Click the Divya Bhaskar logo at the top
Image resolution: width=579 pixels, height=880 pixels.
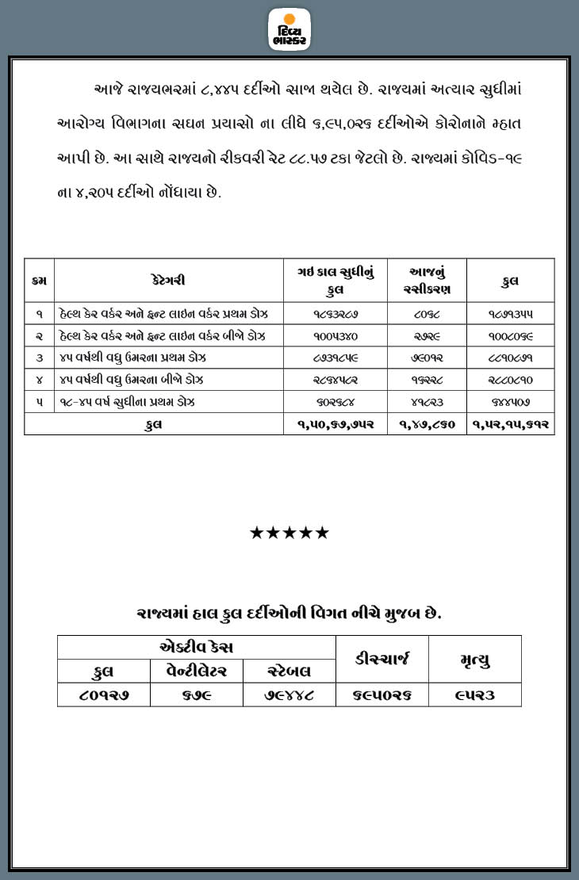289,29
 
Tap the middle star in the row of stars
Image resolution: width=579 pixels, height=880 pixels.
289,533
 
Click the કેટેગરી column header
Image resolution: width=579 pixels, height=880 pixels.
168,280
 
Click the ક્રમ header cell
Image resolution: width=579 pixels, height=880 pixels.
39,280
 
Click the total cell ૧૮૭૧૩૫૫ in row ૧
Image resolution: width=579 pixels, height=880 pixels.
510,313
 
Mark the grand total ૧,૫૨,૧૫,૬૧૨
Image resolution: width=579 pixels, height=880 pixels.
510,424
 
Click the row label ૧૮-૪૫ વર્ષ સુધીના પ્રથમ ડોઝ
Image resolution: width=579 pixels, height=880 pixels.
127,402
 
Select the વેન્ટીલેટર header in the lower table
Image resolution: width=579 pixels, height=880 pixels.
197,671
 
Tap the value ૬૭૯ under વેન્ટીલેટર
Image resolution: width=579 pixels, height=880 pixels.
197,695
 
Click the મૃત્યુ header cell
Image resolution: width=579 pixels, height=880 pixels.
475,659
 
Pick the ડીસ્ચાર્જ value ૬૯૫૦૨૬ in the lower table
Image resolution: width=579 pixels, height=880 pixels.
382,695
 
